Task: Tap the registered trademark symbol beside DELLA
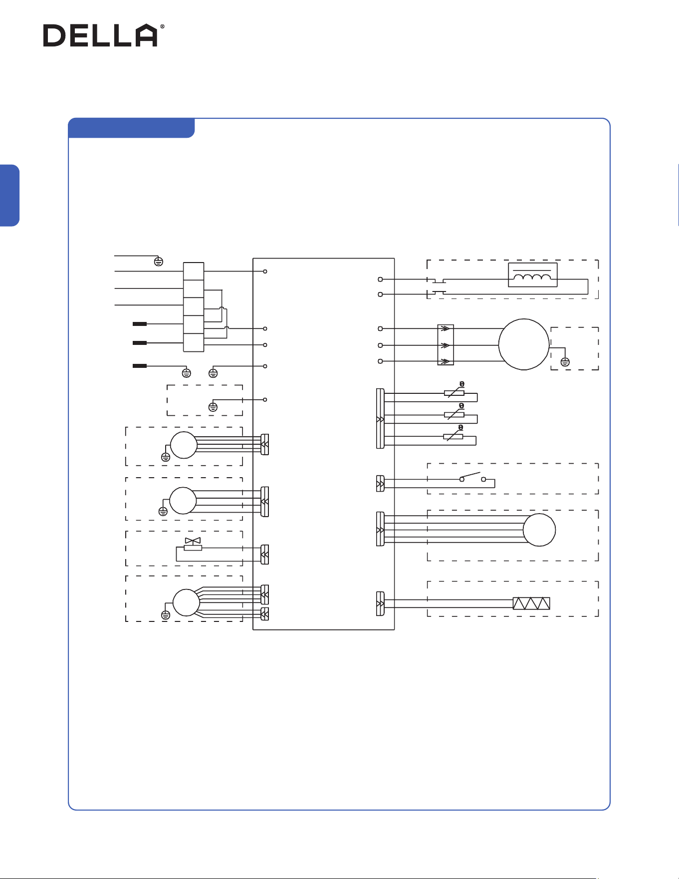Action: (x=162, y=27)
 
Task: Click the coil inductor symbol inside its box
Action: (x=532, y=278)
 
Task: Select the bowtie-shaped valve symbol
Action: (x=193, y=541)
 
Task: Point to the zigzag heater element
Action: (x=531, y=603)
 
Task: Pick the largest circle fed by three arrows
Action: (x=524, y=344)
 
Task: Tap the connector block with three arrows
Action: (x=446, y=345)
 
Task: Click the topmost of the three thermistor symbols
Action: (x=454, y=390)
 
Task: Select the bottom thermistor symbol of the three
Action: (x=453, y=434)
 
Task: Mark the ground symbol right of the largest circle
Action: (x=565, y=362)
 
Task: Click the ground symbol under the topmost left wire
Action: (x=159, y=262)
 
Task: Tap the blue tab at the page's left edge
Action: (x=9, y=196)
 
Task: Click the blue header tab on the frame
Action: (x=131, y=128)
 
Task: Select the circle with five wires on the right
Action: (x=539, y=530)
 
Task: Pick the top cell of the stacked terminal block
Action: (x=194, y=271)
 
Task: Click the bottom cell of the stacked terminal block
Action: (x=194, y=343)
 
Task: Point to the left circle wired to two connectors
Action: (x=186, y=602)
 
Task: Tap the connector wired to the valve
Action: (x=265, y=554)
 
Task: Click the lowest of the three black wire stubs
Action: (x=140, y=366)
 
